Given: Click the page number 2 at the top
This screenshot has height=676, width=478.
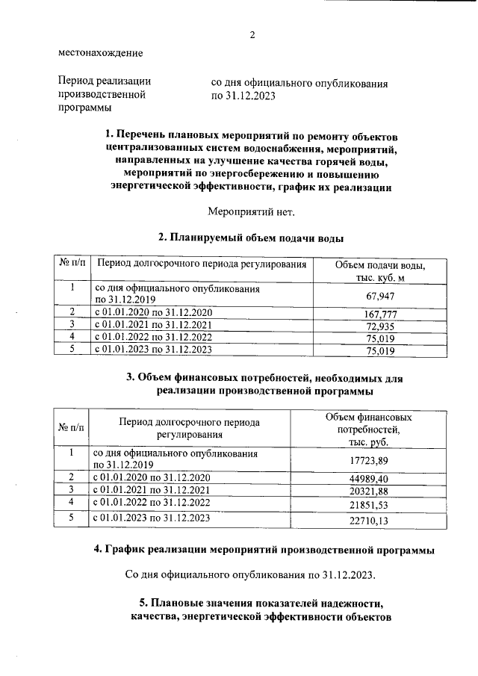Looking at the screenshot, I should (x=252, y=35).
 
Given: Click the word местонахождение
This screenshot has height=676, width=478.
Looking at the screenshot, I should (x=100, y=53).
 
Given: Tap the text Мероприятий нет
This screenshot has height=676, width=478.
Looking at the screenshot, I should (x=251, y=211).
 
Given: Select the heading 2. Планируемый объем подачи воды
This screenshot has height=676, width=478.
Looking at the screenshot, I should (x=251, y=238).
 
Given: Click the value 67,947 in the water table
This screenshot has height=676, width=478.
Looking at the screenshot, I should (x=381, y=296).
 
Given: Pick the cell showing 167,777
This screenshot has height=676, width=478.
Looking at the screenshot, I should (x=381, y=314).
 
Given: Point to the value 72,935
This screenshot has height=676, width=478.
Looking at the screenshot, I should (x=381, y=326).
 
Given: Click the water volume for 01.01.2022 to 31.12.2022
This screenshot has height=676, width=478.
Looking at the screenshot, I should (x=381, y=338).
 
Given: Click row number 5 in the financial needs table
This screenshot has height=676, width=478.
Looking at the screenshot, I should (x=72, y=517).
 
